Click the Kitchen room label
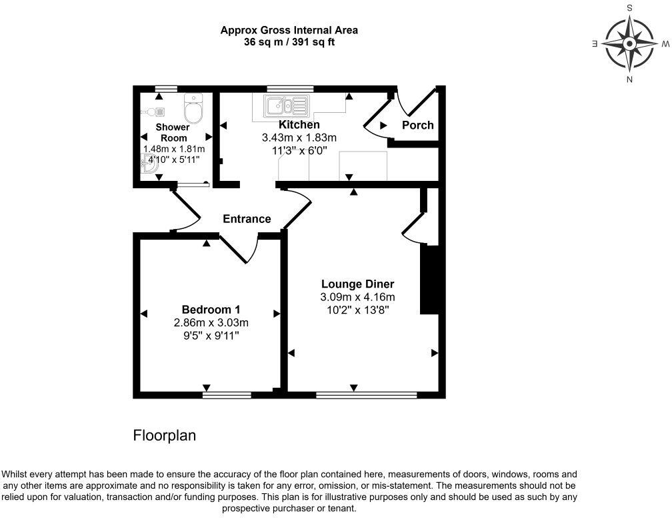pyautogui.click(x=299, y=125)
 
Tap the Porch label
pyautogui.click(x=418, y=125)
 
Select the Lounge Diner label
pyautogui.click(x=357, y=284)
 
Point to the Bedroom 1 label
pyautogui.click(x=211, y=310)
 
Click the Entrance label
pyautogui.click(x=247, y=219)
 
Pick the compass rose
pyautogui.click(x=629, y=44)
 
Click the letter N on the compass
pyautogui.click(x=629, y=80)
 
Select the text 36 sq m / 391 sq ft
pyautogui.click(x=289, y=41)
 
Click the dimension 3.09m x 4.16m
pyautogui.click(x=357, y=297)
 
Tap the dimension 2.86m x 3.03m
pyautogui.click(x=211, y=322)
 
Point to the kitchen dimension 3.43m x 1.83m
pyautogui.click(x=299, y=138)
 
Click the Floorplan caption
pyautogui.click(x=165, y=436)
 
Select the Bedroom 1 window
pyautogui.click(x=227, y=395)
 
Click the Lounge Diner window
pyautogui.click(x=366, y=395)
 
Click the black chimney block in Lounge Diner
pyautogui.click(x=429, y=279)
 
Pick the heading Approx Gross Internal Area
pyautogui.click(x=289, y=30)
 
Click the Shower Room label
pyautogui.click(x=173, y=132)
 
